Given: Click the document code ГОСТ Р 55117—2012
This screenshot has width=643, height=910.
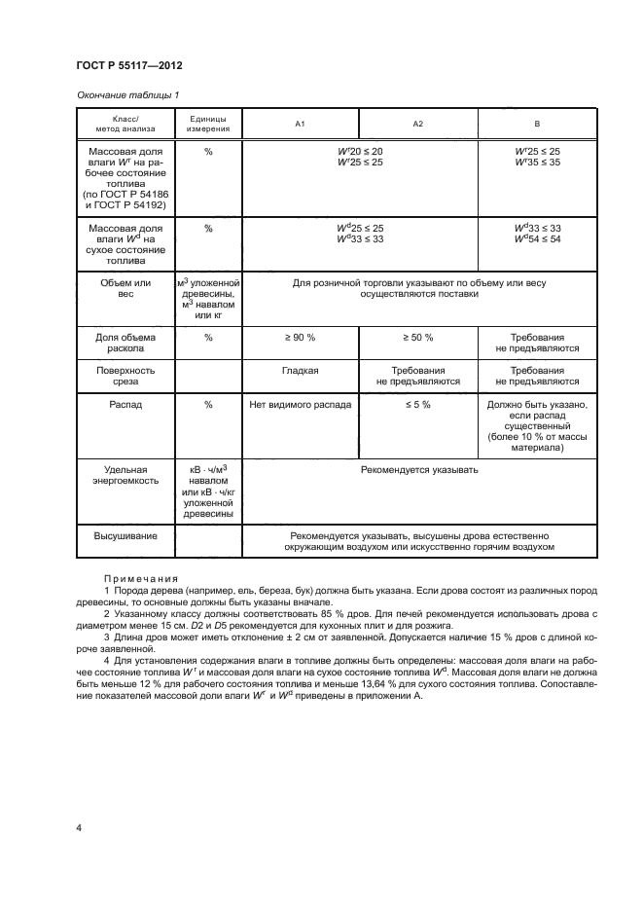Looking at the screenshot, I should (129, 65).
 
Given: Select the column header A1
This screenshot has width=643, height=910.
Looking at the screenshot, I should (301, 125).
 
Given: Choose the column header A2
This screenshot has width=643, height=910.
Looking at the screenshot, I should (418, 125).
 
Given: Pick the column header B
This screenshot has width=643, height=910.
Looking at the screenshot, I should (537, 125).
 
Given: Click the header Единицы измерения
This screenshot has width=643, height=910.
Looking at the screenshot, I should (208, 124).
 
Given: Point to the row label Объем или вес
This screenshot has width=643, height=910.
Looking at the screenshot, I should (125, 289).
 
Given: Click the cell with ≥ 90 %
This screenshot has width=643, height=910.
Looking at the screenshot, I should (301, 337).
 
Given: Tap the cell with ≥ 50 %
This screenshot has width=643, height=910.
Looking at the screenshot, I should (418, 337).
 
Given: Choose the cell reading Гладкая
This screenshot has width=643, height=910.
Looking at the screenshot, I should (301, 371).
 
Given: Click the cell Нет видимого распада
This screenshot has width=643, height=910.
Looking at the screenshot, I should (301, 405).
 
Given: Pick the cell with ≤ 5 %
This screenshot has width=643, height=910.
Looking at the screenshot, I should (418, 405).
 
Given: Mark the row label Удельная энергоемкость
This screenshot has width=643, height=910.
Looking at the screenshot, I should (125, 475).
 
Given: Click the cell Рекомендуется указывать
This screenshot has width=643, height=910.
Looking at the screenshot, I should (419, 469).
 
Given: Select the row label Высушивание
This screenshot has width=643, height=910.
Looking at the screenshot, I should (125, 535).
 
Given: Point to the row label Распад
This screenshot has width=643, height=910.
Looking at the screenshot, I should (125, 405).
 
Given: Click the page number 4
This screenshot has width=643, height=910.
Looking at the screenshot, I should (78, 828).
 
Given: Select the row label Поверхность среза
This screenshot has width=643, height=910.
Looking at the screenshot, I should (125, 377).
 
